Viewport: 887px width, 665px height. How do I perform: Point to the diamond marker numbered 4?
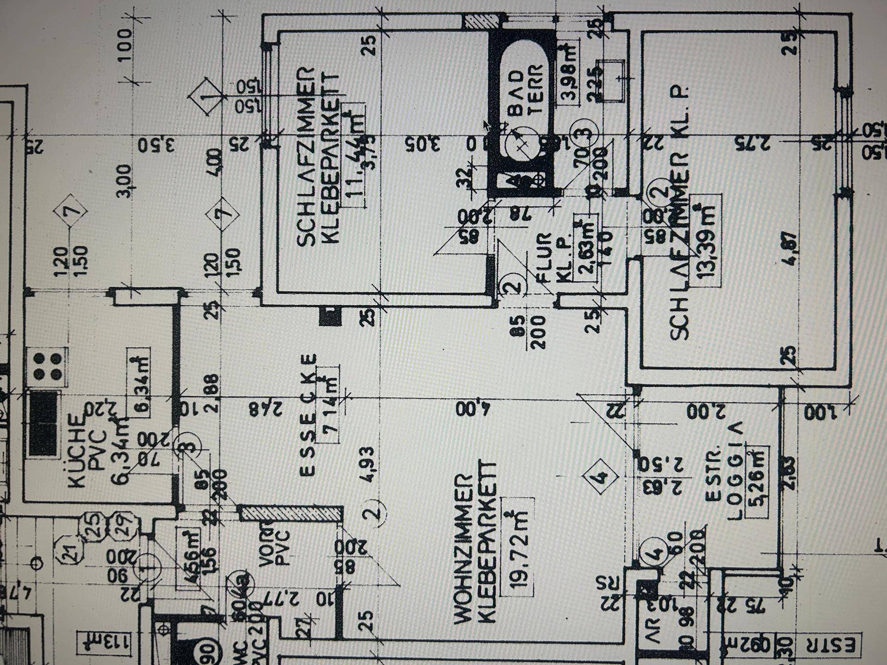tap(600, 477)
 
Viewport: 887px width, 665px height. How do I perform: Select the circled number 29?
tap(122, 524)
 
